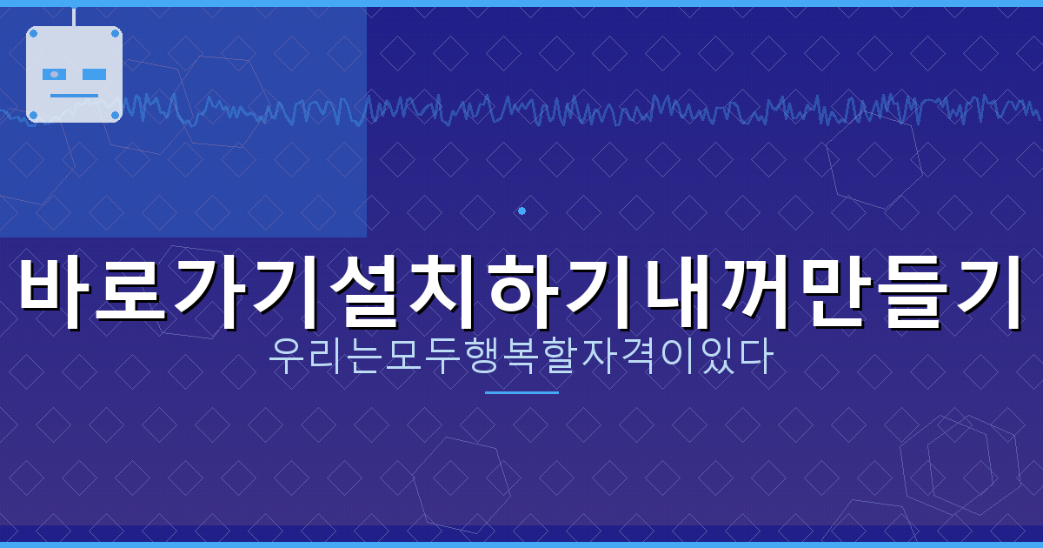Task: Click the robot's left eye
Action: pyautogui.click(x=54, y=75)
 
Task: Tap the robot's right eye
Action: pyautogui.click(x=94, y=75)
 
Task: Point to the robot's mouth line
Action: pyautogui.click(x=74, y=95)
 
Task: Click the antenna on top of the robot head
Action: pyautogui.click(x=74, y=17)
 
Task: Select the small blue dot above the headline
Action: pyautogui.click(x=521, y=211)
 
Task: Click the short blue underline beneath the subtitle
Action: pyautogui.click(x=521, y=392)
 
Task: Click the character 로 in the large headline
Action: pyautogui.click(x=135, y=291)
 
